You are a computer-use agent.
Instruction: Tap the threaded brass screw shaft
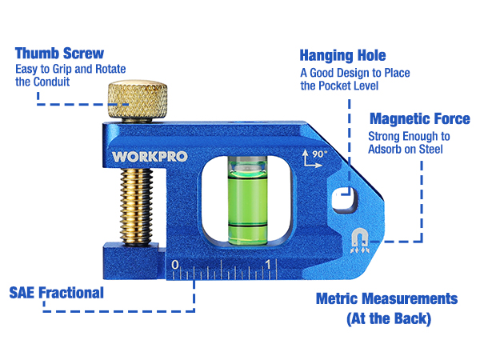tap(136, 206)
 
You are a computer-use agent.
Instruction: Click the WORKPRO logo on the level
tap(150, 157)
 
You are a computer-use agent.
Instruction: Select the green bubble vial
tap(248, 201)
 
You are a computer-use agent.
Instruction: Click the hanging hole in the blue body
tap(345, 198)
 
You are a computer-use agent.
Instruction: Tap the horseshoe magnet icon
tap(360, 241)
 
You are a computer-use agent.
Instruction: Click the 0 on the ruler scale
tap(174, 265)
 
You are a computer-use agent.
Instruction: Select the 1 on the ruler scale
tap(268, 264)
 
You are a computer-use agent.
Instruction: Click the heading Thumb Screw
tap(59, 54)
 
